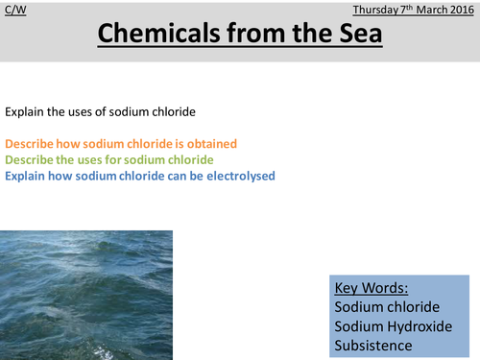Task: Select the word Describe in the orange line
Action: coord(28,144)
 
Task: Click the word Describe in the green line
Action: coord(28,159)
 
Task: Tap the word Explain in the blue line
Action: coord(25,176)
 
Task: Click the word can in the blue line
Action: coord(199,176)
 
